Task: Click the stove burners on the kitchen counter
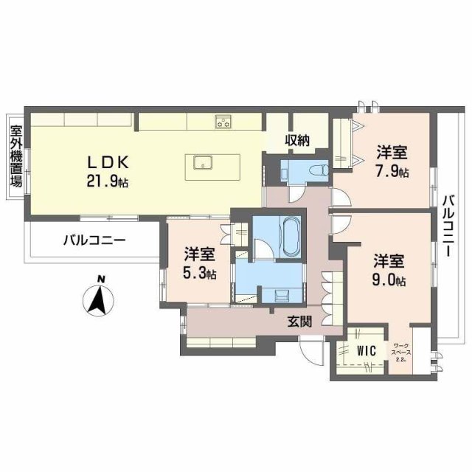pos(223,122)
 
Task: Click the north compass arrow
pos(99,299)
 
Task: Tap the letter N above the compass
pos(101,278)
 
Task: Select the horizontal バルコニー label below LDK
pos(94,240)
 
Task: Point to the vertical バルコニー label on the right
pos(447,225)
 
